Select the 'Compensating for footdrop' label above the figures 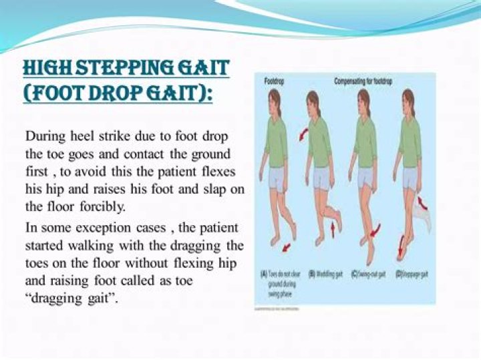[364, 81]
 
